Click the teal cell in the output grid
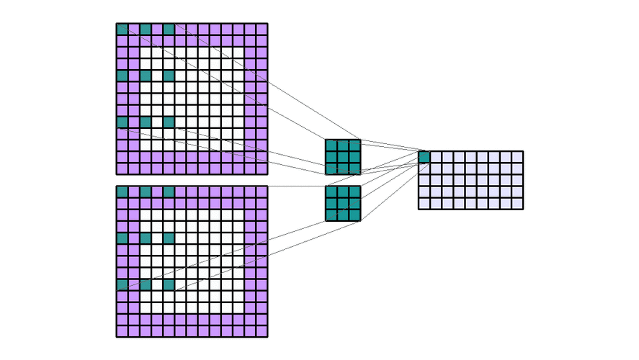(x=424, y=157)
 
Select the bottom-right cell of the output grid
(x=517, y=203)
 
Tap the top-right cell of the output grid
(x=517, y=157)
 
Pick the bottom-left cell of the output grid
(x=424, y=203)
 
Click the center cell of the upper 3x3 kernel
(x=343, y=157)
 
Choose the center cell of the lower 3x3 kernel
(x=343, y=204)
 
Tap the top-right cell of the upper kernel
(x=354, y=145)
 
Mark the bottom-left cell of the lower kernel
(x=331, y=215)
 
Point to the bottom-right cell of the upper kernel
(x=354, y=168)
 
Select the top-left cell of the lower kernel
(x=331, y=192)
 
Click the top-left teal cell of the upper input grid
(x=122, y=29)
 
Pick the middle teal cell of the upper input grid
(x=146, y=76)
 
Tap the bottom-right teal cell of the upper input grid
(x=169, y=122)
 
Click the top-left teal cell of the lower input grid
(x=122, y=192)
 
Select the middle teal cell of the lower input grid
(x=146, y=238)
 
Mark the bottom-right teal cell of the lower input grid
(x=169, y=285)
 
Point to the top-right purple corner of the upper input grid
(x=262, y=29)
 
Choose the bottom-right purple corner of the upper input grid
(x=262, y=168)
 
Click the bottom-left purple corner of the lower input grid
(x=122, y=331)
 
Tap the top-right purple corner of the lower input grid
(x=262, y=192)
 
